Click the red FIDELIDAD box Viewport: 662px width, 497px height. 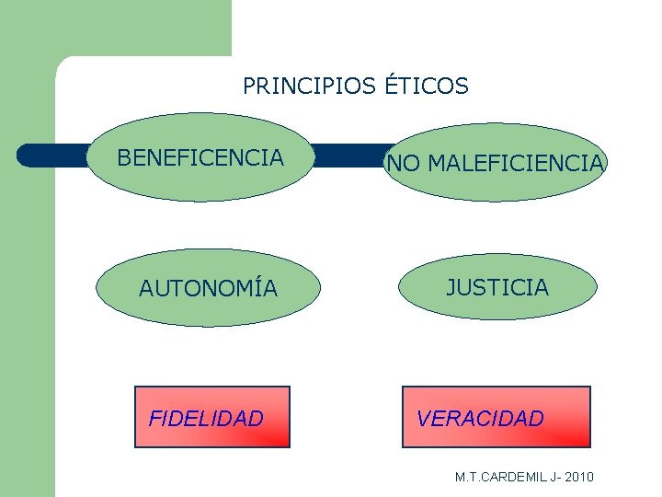click(212, 433)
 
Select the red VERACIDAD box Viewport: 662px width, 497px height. click(496, 433)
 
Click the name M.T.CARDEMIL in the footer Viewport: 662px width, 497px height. click(497, 477)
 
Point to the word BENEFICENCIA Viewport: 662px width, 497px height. click(200, 158)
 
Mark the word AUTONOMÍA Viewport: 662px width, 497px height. click(208, 289)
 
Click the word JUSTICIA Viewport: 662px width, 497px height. click(497, 288)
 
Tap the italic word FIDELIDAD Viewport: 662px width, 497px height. click(206, 420)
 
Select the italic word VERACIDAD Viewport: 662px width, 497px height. click(480, 419)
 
